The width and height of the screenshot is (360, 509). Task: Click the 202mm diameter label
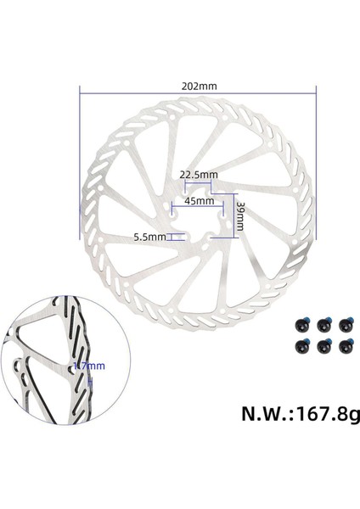pos(198,86)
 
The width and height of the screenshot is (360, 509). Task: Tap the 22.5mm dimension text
pos(199,175)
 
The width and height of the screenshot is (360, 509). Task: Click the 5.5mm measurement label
pos(149,238)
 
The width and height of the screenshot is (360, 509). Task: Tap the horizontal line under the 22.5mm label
pos(199,182)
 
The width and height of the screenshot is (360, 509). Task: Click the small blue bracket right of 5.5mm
pos(175,238)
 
